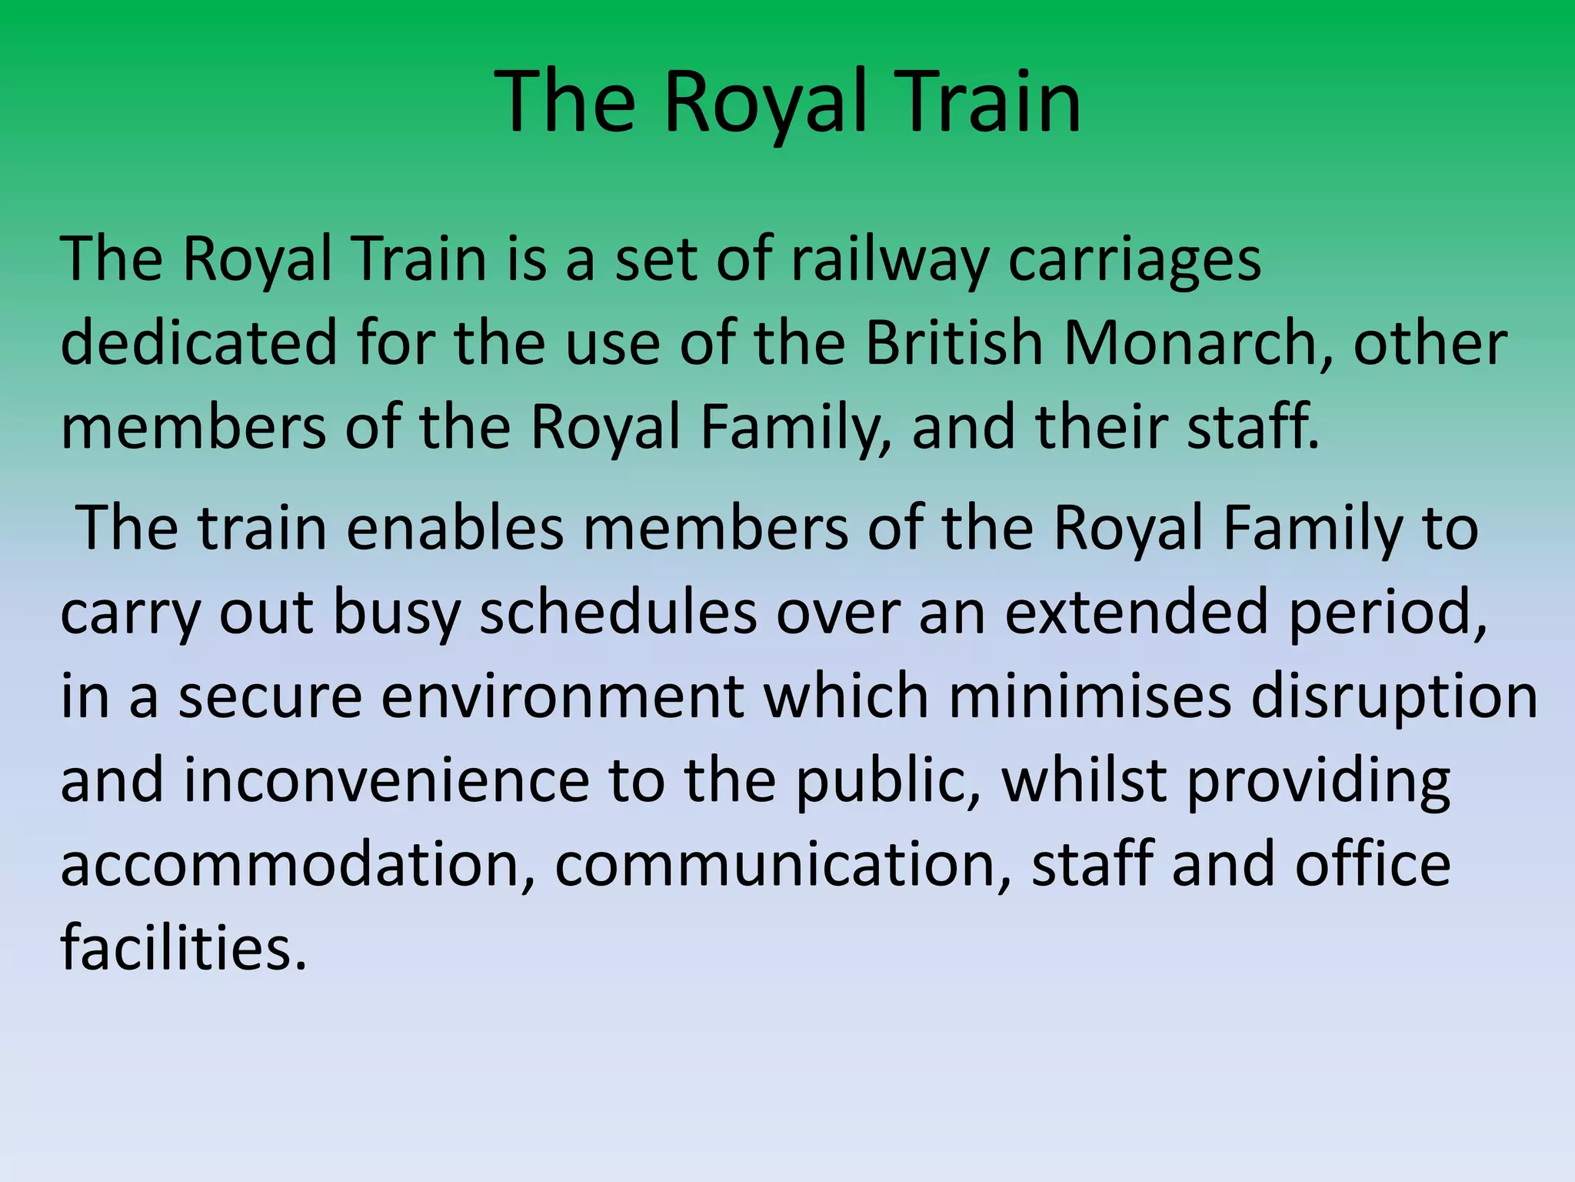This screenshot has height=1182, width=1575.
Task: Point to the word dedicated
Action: tap(198, 343)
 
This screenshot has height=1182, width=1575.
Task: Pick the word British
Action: tap(954, 343)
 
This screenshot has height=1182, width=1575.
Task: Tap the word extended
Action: tap(1136, 613)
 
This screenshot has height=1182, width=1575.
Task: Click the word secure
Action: tap(270, 697)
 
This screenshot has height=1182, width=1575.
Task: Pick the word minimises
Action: tap(1090, 697)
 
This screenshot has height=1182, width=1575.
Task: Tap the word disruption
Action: tap(1394, 697)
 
